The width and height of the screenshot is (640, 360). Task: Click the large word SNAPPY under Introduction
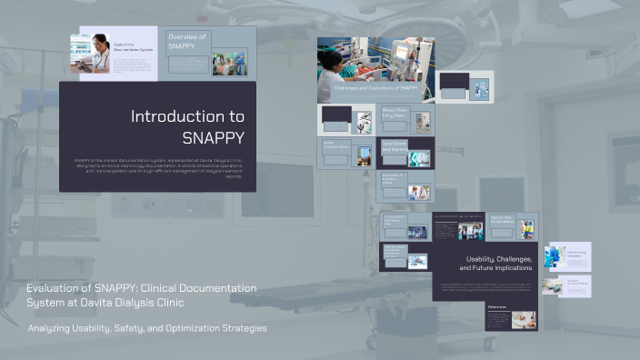pos(213,138)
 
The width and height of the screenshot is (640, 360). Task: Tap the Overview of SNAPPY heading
pos(188,41)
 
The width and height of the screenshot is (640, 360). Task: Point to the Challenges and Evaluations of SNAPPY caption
pos(375,88)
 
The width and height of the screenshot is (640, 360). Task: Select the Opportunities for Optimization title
pos(505,219)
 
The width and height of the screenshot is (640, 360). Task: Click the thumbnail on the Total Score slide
pos(418,157)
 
